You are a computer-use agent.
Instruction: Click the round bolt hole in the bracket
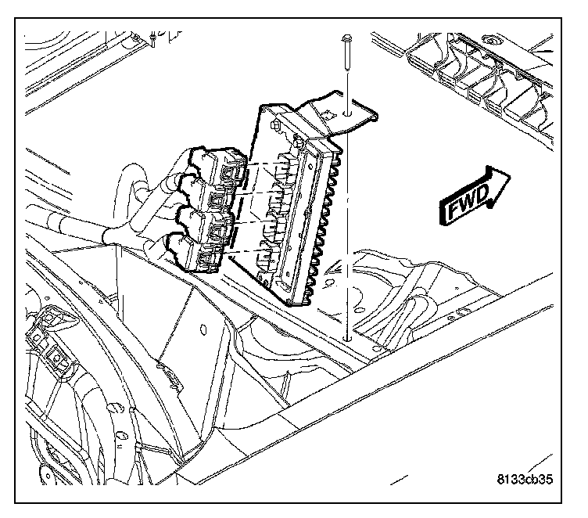pyautogui.click(x=350, y=112)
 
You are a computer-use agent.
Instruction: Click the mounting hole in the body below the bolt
pyautogui.click(x=345, y=339)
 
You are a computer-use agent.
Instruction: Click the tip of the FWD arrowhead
pyautogui.click(x=511, y=175)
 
